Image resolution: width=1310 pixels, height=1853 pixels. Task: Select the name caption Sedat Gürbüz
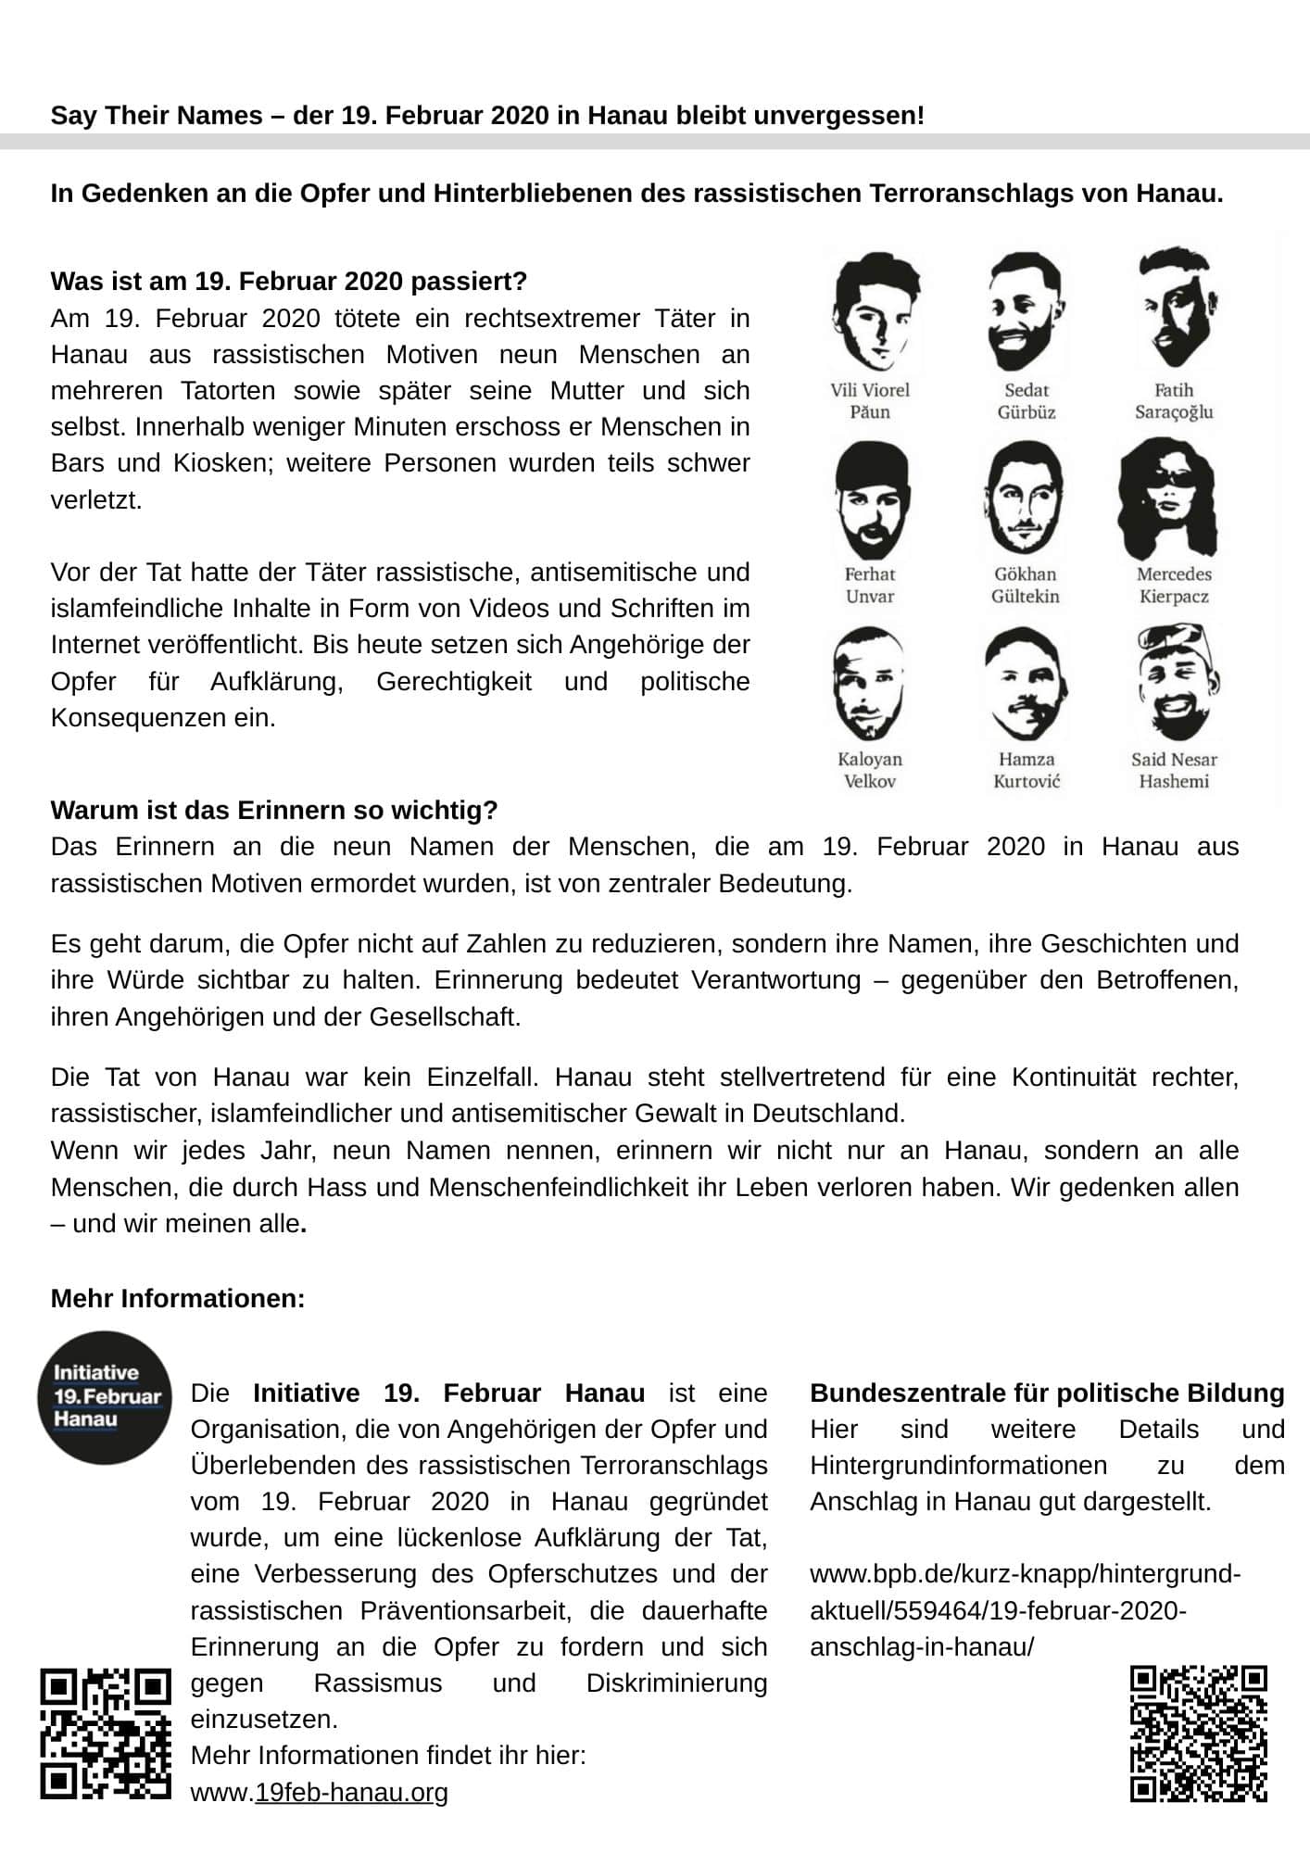click(x=1026, y=401)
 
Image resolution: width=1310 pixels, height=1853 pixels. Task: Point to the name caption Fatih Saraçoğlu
click(x=1174, y=401)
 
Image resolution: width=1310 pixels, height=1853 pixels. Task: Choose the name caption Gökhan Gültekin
click(x=1026, y=586)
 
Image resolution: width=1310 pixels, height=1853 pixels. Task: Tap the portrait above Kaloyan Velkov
click(x=870, y=684)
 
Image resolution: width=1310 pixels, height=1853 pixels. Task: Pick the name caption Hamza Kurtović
click(x=1026, y=770)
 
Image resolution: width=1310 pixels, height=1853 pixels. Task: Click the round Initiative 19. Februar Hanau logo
click(x=104, y=1397)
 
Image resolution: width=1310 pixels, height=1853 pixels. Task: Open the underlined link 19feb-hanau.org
click(x=351, y=1792)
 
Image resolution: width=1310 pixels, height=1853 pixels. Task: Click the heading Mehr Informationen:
click(x=178, y=1298)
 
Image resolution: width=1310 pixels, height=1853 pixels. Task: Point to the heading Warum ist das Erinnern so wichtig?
click(x=274, y=810)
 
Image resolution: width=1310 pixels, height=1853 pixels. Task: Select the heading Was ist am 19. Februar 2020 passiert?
click(x=288, y=281)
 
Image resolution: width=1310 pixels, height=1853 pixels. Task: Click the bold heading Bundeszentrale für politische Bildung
click(x=1047, y=1393)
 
